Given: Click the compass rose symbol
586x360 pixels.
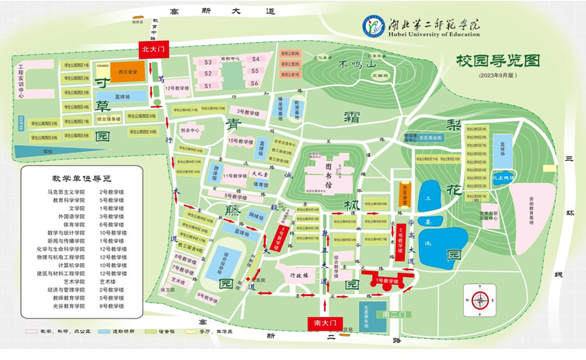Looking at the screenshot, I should [479, 300].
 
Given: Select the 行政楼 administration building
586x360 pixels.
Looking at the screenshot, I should [299, 276].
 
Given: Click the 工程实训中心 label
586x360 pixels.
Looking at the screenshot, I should [22, 82].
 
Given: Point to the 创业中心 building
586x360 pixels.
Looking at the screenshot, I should [190, 130].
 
